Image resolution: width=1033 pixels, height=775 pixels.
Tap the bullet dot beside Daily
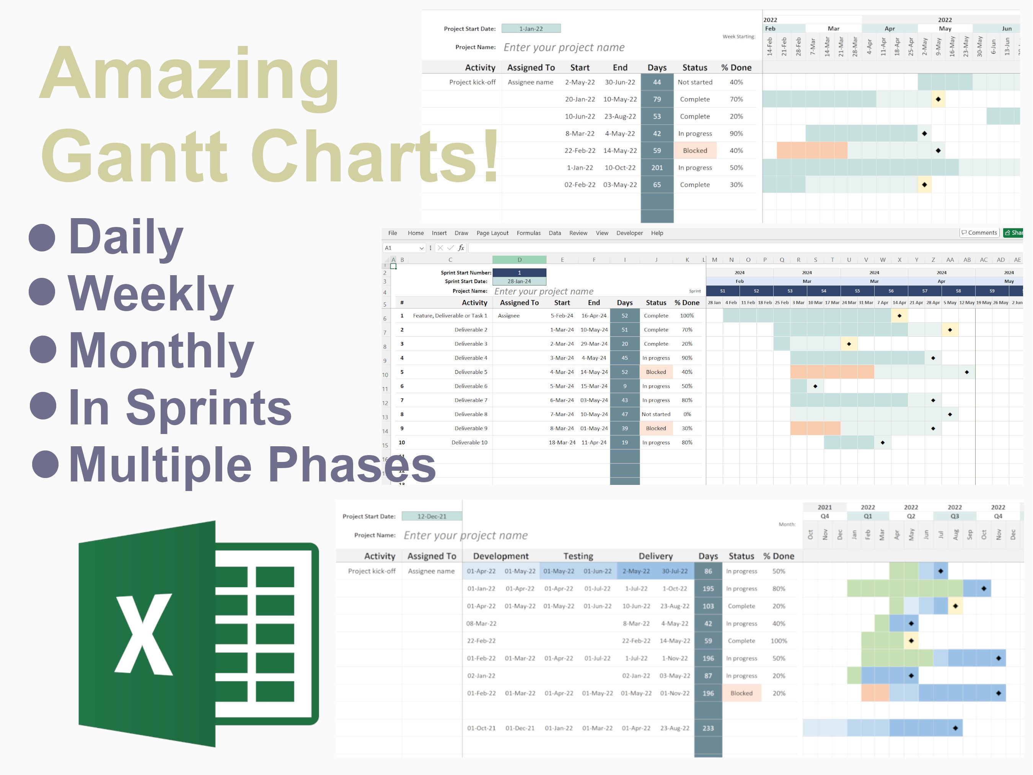coord(42,237)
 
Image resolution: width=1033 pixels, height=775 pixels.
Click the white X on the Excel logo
coord(144,635)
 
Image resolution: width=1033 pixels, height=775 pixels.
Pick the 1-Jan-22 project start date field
coord(531,28)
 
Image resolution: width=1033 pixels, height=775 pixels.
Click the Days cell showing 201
coord(657,168)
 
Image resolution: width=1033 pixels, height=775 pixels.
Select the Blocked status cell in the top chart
coord(695,150)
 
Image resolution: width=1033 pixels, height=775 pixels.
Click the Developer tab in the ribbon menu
coord(629,233)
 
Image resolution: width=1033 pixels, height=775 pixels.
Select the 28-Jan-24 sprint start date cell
coord(519,281)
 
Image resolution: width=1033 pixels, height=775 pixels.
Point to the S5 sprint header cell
coord(857,290)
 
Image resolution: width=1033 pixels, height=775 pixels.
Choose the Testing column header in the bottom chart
coord(578,556)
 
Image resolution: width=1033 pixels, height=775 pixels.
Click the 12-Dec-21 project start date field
coord(432,516)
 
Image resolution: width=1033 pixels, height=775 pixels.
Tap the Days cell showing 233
coord(708,728)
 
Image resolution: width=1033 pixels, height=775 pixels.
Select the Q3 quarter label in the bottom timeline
coord(955,516)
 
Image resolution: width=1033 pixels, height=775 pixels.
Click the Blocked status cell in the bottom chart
coord(741,693)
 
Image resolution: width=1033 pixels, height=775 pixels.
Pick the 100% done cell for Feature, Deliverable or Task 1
coord(686,316)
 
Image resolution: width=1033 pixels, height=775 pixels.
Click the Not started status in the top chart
coord(695,82)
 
